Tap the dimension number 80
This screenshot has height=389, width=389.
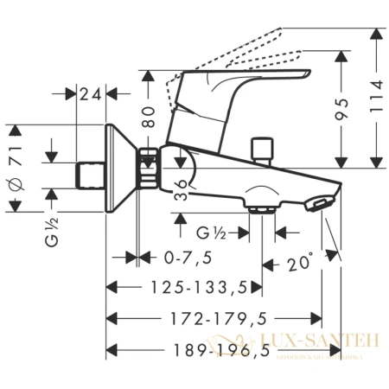[x=151, y=117]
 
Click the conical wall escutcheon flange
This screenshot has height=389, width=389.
[x=118, y=169]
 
